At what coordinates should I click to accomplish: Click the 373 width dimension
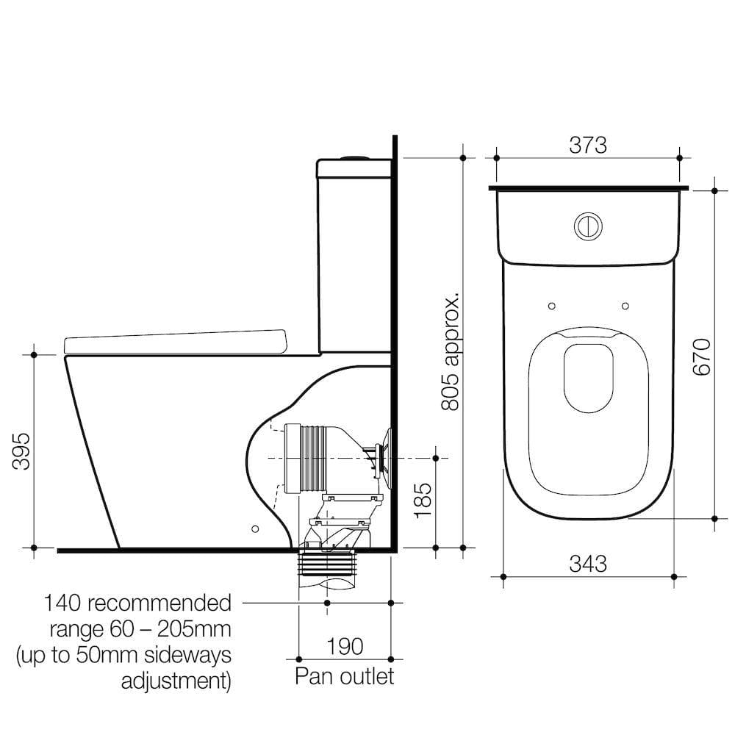pos(588,146)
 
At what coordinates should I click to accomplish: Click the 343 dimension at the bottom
pos(588,564)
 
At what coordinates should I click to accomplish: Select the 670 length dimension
pos(702,357)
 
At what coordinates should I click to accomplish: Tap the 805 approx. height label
pos(450,351)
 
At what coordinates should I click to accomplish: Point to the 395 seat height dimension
pos(22,451)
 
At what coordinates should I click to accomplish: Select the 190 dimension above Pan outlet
pos(344,646)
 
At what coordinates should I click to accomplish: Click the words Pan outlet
pos(344,675)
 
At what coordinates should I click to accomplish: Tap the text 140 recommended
pos(137,603)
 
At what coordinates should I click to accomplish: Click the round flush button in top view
pos(588,226)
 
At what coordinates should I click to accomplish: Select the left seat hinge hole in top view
pos(551,306)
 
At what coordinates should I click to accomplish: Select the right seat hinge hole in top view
pos(625,306)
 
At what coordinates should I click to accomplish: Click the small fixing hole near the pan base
pos(255,528)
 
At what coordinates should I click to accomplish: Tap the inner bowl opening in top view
pos(588,376)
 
